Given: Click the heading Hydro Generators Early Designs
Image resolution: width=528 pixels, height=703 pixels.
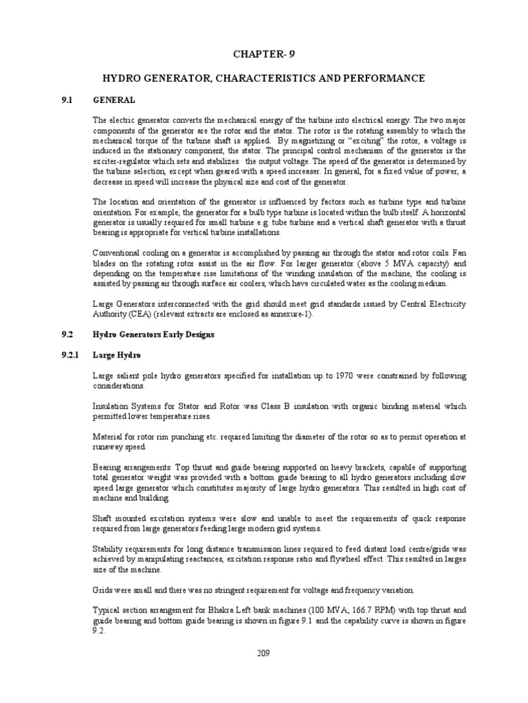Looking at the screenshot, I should [153, 334].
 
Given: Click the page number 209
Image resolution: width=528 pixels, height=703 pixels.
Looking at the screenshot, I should [264, 653].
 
